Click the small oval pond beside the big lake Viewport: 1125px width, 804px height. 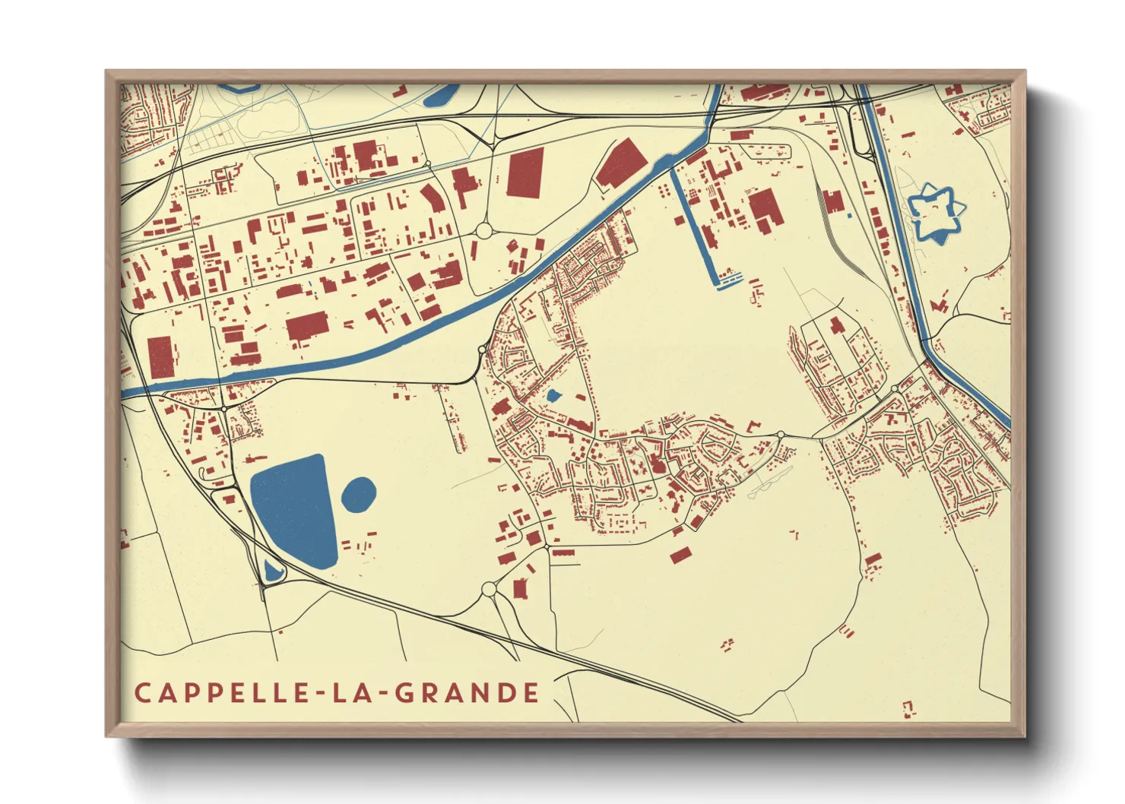[359, 495]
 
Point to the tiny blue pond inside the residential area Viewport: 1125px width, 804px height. [553, 396]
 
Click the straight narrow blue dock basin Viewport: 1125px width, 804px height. [696, 228]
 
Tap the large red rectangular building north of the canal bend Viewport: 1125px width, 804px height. [525, 173]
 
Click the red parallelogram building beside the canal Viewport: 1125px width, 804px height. [621, 164]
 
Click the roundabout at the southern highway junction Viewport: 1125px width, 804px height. [489, 589]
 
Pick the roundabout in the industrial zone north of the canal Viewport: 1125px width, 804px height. [484, 230]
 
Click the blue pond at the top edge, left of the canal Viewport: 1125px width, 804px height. [439, 96]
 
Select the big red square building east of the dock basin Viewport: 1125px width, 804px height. [766, 208]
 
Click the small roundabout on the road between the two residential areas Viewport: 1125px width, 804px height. [781, 435]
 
